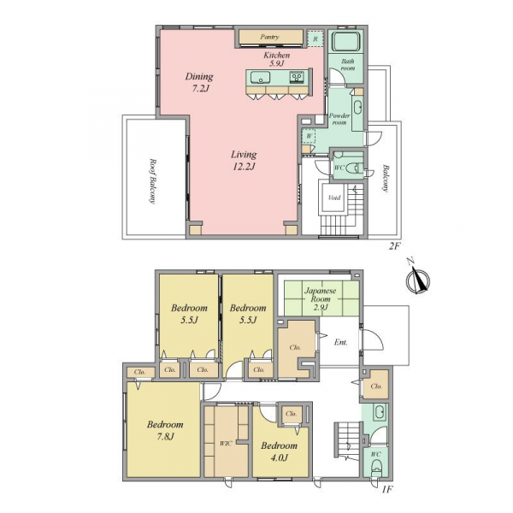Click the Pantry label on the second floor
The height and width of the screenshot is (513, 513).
click(x=269, y=37)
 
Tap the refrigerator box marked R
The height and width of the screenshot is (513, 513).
click(x=315, y=38)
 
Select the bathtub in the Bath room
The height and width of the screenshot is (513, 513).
click(x=345, y=43)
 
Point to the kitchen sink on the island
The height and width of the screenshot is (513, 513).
click(x=261, y=78)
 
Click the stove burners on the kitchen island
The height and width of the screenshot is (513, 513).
click(x=298, y=78)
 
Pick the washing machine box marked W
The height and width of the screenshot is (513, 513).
click(x=309, y=136)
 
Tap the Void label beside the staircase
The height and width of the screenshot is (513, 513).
click(x=334, y=198)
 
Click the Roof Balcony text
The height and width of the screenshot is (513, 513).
click(x=152, y=181)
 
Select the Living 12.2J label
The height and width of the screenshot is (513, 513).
click(x=244, y=161)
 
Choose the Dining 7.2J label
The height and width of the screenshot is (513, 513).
click(x=199, y=82)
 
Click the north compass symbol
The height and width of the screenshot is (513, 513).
click(x=417, y=280)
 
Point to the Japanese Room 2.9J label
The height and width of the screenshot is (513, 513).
click(x=321, y=298)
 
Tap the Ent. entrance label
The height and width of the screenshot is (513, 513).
click(x=340, y=343)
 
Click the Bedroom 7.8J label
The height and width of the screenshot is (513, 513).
click(x=165, y=430)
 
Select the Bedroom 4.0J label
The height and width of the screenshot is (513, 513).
click(x=279, y=451)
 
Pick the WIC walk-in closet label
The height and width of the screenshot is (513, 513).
click(x=226, y=443)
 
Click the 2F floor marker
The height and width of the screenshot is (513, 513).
click(x=394, y=246)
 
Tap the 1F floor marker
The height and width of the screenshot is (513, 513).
click(x=387, y=489)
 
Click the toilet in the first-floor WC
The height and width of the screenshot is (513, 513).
click(x=376, y=467)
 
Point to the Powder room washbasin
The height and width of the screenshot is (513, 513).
click(x=357, y=108)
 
